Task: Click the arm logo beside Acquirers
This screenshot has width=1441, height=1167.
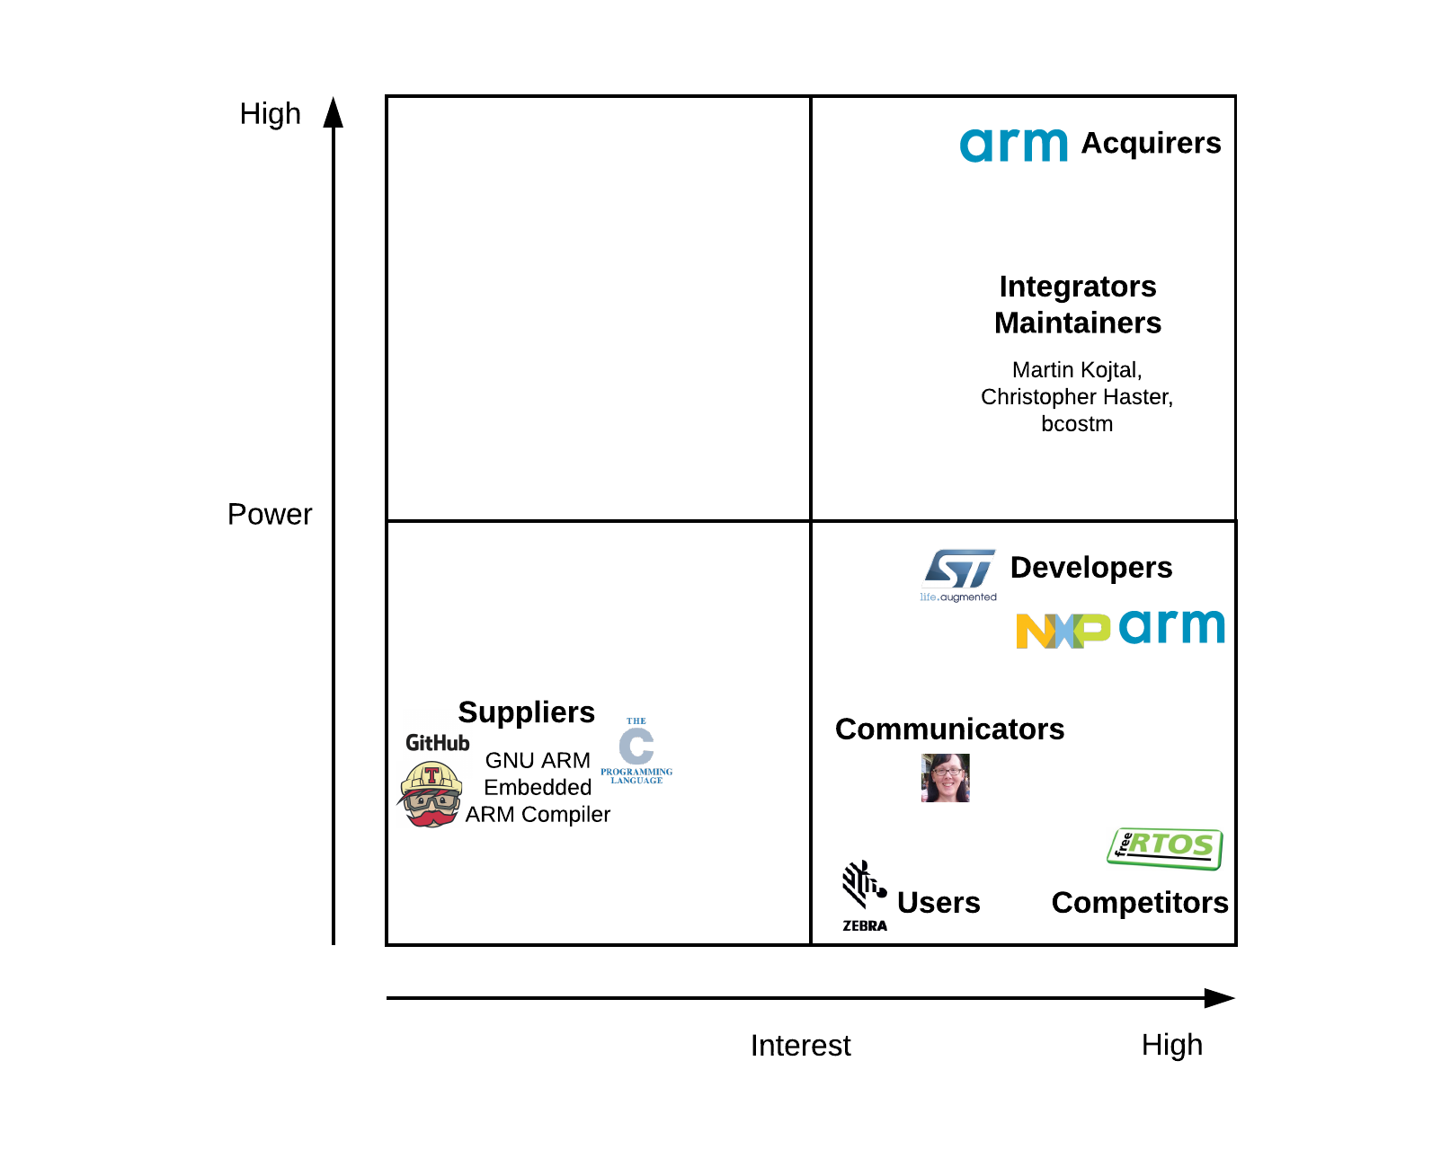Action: click(x=1013, y=144)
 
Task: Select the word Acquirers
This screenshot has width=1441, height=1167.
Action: click(x=1151, y=143)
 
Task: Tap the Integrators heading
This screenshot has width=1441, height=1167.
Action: click(x=1078, y=286)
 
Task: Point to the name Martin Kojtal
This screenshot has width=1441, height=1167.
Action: click(x=1076, y=370)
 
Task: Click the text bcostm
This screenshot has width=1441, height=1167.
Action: click(x=1076, y=423)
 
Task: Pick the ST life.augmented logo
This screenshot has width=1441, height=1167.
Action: click(x=958, y=575)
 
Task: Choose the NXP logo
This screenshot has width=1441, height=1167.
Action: click(x=1063, y=631)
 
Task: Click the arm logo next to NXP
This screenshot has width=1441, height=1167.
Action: click(x=1171, y=626)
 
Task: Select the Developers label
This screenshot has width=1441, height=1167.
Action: click(x=1091, y=567)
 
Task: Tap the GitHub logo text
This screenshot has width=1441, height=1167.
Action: click(x=437, y=743)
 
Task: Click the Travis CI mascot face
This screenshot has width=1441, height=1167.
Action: click(x=431, y=794)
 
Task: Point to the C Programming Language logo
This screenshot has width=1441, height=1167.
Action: click(x=636, y=750)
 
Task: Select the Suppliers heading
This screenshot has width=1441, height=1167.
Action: click(x=527, y=712)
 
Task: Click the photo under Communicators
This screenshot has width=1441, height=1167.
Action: click(x=945, y=777)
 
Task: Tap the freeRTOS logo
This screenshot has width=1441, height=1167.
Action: click(x=1164, y=849)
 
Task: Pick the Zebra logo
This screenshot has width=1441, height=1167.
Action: click(x=865, y=896)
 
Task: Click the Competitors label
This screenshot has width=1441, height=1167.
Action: click(x=1140, y=903)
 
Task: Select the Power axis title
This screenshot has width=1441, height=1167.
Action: click(x=270, y=514)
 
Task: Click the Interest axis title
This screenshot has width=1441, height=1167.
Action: click(x=800, y=1046)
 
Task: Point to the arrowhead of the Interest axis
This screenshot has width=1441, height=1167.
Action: click(x=1235, y=998)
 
